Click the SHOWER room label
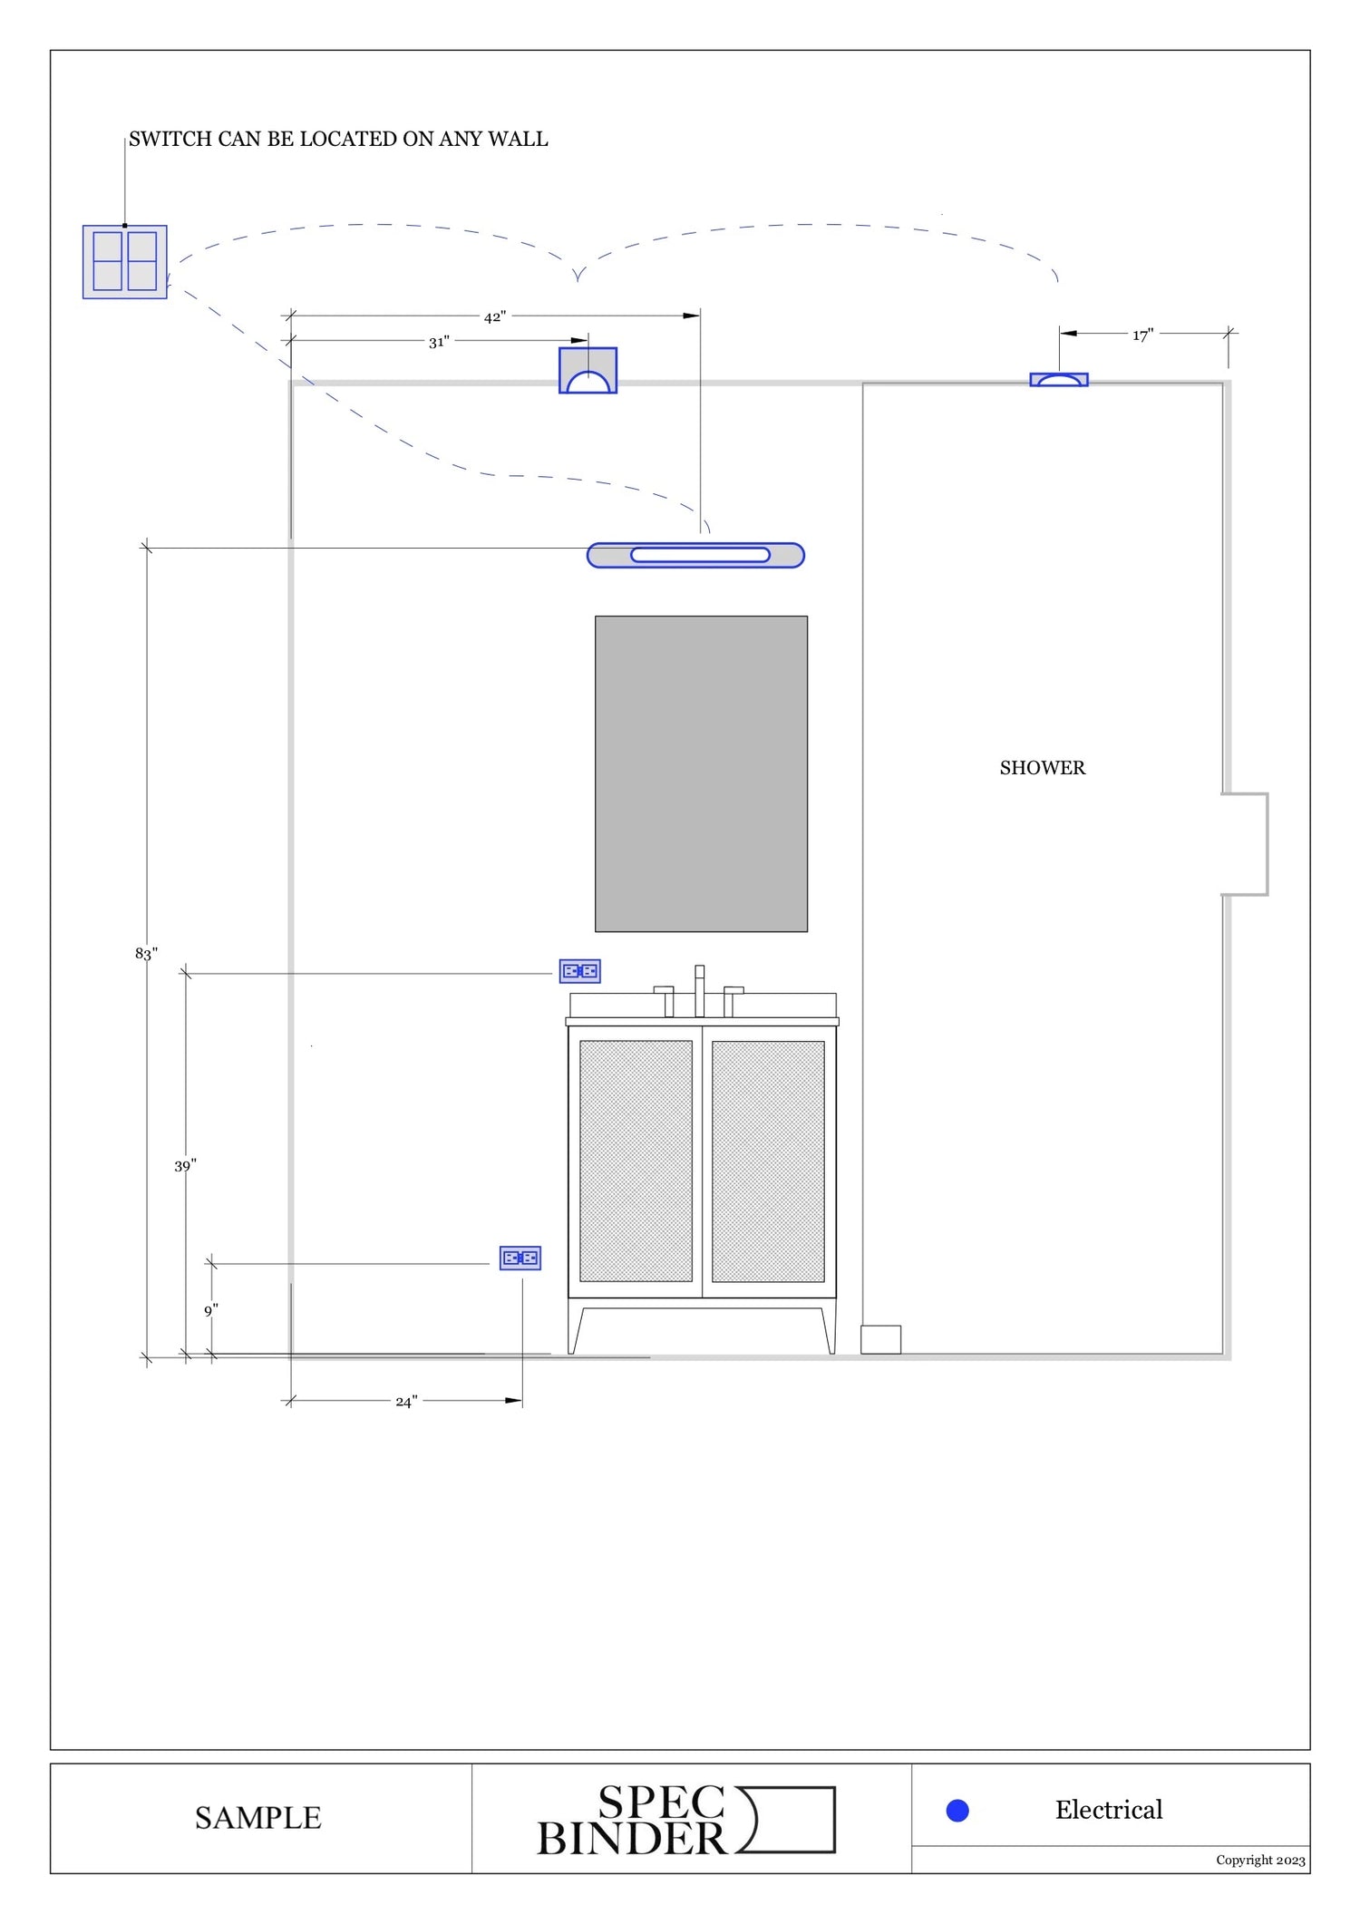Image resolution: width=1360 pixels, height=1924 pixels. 1042,768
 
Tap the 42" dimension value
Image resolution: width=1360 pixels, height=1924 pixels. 494,317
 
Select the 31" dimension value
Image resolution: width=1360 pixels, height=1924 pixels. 439,342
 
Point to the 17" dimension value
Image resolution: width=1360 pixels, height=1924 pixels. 1142,335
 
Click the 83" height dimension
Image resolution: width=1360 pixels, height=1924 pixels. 146,953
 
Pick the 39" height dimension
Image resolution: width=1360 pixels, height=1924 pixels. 185,1165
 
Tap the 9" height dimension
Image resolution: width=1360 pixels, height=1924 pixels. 210,1310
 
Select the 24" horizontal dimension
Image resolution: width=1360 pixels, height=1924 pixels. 406,1401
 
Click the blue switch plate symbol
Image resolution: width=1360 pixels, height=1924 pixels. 125,261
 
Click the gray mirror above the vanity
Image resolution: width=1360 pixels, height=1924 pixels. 701,773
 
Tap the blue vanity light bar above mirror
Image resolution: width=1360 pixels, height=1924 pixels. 695,555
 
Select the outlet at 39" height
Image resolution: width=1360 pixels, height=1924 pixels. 579,971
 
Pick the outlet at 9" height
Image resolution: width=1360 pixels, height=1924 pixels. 520,1258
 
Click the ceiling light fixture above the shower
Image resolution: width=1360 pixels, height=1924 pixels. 1058,380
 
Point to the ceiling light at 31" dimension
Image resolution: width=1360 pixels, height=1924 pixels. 588,370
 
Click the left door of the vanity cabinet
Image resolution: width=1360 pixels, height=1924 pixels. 636,1161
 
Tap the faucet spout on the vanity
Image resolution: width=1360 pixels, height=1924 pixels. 699,990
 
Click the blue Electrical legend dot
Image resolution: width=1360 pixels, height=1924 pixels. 957,1810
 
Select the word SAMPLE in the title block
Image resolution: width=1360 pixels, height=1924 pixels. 258,1817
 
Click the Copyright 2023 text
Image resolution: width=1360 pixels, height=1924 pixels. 1260,1860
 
